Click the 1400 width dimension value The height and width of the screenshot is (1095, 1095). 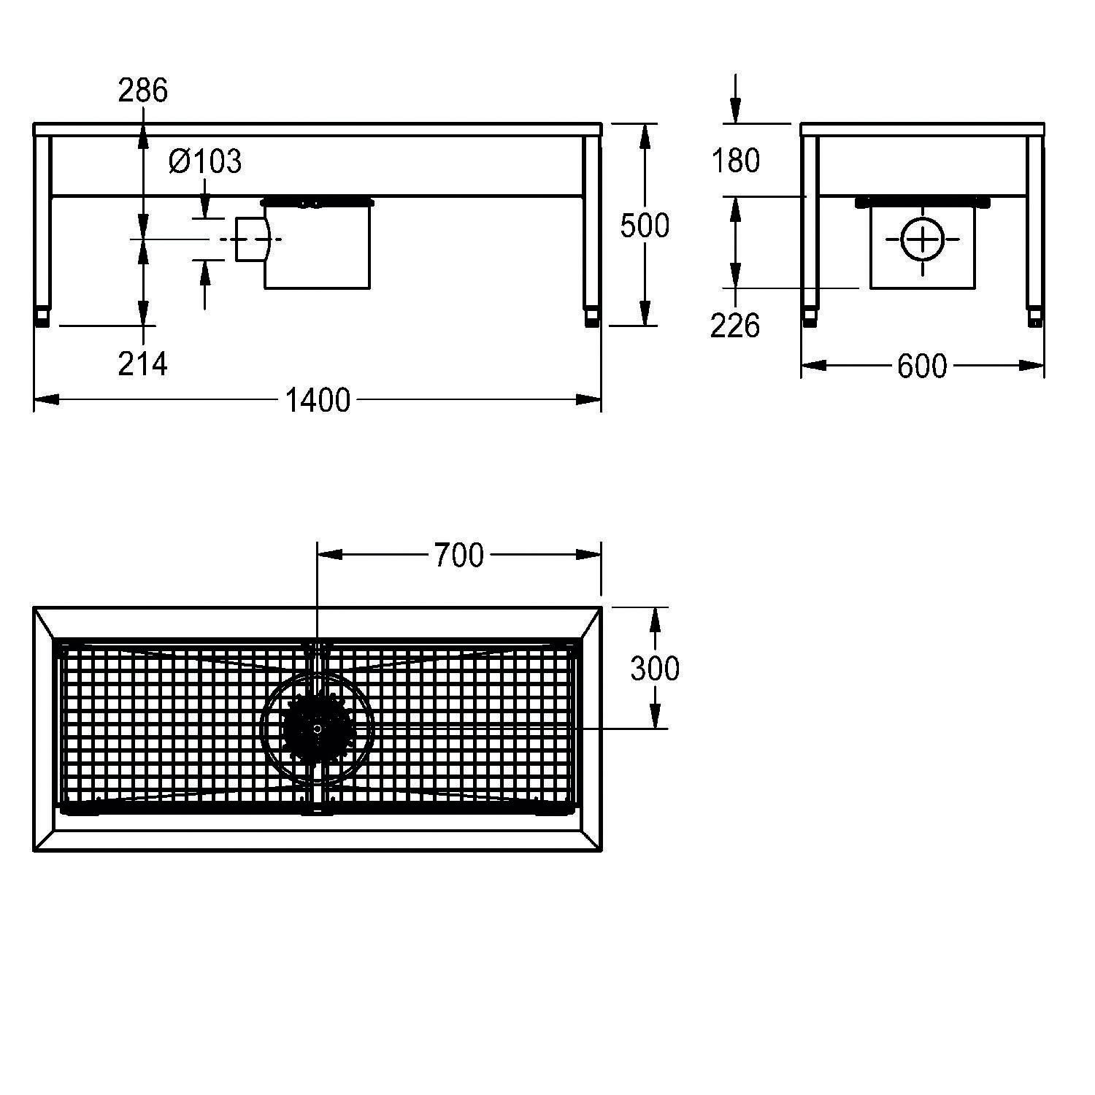(x=318, y=401)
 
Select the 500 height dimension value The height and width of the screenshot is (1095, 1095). (x=645, y=226)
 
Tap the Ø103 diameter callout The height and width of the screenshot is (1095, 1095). (x=204, y=161)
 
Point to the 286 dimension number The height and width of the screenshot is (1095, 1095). (x=143, y=90)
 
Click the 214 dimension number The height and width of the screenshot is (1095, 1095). (x=143, y=364)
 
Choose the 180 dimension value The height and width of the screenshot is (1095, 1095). (x=736, y=161)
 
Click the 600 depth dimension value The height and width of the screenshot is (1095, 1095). (x=922, y=366)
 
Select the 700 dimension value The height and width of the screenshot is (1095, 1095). (x=459, y=556)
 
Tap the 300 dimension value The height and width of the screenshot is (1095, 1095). (x=655, y=668)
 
